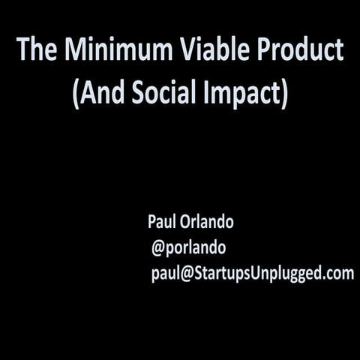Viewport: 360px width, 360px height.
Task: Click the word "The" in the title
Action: point(37,50)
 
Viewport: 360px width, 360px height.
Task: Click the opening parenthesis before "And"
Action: point(77,96)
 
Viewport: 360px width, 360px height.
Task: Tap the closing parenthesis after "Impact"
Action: point(284,96)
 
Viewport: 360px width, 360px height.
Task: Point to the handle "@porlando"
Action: point(189,248)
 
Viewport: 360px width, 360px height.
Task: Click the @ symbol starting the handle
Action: point(158,248)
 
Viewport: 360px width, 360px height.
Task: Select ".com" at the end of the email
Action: point(338,273)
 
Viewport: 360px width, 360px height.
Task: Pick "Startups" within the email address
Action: point(220,274)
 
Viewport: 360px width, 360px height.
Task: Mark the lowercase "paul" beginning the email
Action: point(165,274)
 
